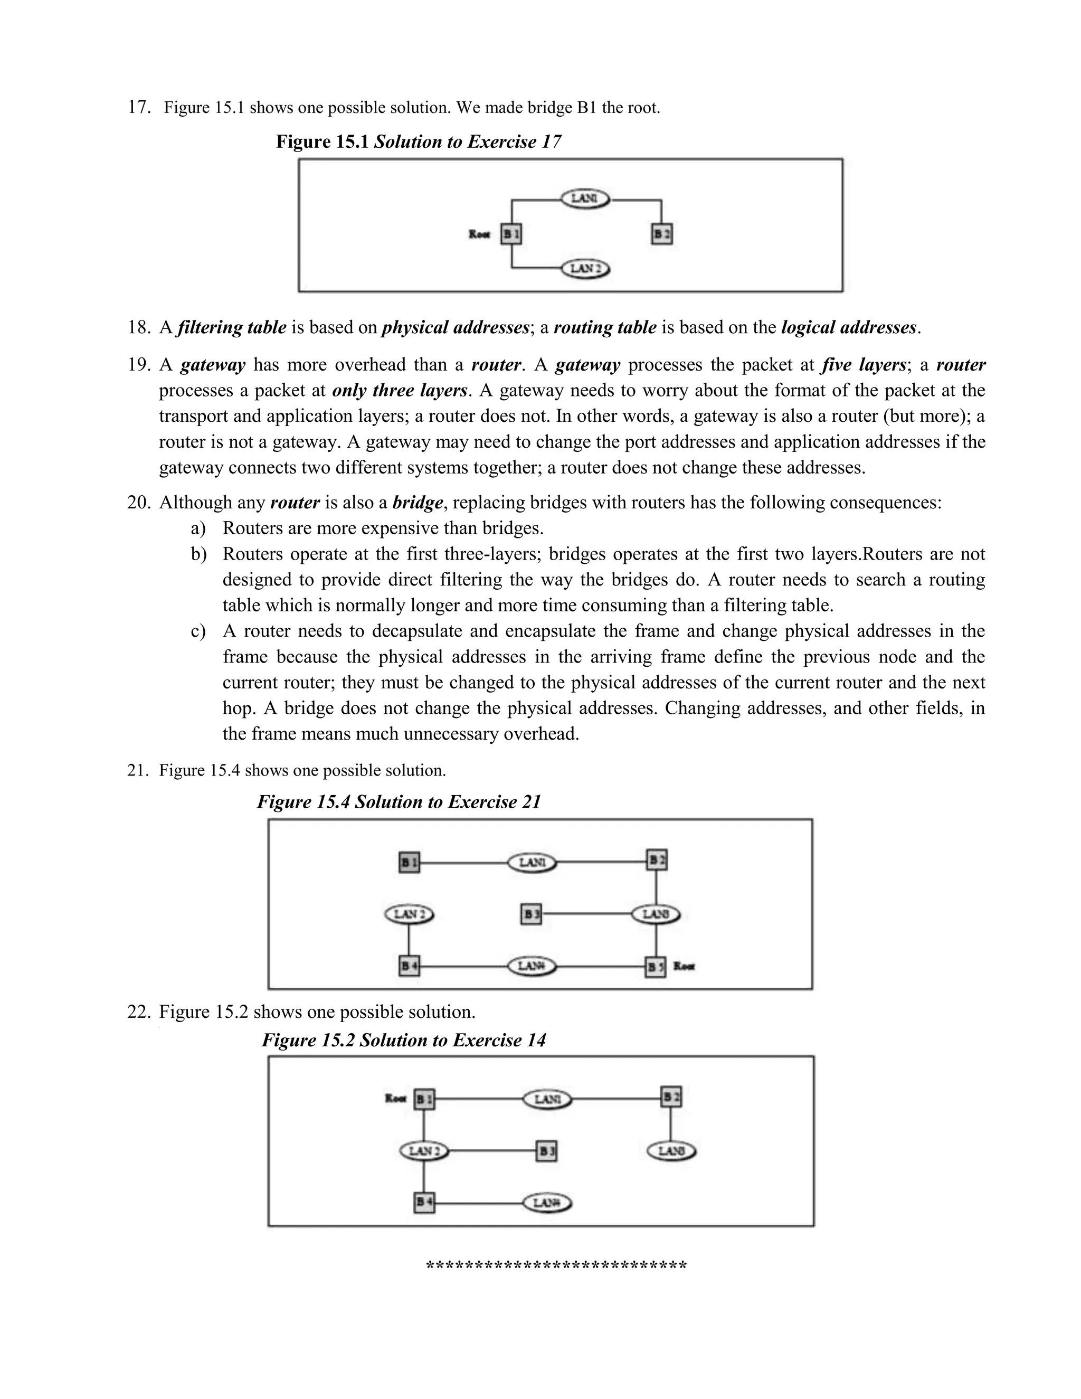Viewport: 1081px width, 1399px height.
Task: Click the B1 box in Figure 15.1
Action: coord(511,234)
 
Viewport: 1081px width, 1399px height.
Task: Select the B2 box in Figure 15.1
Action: coord(661,234)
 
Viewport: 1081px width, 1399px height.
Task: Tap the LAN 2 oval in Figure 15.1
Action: coord(585,268)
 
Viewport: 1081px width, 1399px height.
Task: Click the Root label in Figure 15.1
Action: coord(479,234)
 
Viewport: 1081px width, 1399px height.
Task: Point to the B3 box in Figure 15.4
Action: coord(531,914)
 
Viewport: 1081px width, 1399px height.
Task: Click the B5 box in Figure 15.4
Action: coord(655,967)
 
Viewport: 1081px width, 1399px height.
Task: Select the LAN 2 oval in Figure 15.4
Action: coord(409,914)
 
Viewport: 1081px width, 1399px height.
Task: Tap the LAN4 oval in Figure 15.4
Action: coord(532,966)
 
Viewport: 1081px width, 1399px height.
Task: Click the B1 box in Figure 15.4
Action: coord(409,862)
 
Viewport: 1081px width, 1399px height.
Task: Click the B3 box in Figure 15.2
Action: coord(546,1152)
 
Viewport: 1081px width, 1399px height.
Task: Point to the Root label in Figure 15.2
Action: coord(395,1099)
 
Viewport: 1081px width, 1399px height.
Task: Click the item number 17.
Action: coord(139,107)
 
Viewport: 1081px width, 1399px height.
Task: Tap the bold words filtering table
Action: coord(232,328)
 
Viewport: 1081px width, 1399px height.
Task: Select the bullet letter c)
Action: coord(198,631)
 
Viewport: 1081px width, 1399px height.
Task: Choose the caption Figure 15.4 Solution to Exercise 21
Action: coord(399,802)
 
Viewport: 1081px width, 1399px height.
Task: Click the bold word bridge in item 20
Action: coord(417,503)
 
